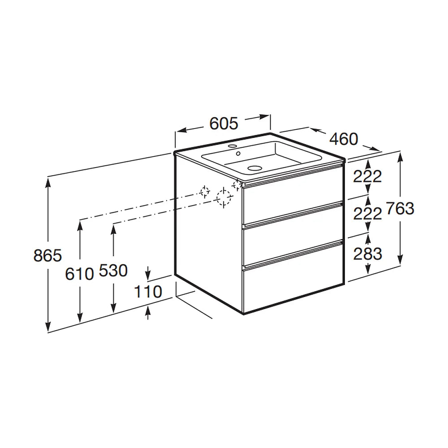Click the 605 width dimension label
tap(224, 124)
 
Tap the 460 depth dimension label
tap(344, 139)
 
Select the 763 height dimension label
tap(400, 208)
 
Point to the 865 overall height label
tap(47, 255)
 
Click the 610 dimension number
tap(79, 274)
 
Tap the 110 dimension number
tap(148, 292)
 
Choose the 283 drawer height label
tap(367, 254)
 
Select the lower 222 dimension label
tap(367, 213)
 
